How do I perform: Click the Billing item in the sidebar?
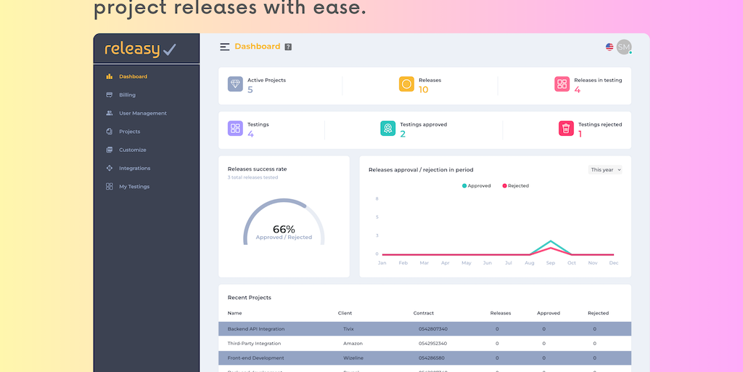point(127,95)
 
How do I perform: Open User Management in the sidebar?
point(142,113)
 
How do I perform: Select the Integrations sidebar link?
point(134,169)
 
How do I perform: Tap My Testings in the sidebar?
point(134,187)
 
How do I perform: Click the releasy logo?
point(141,49)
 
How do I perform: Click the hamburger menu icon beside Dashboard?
point(225,47)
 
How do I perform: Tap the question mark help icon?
point(288,47)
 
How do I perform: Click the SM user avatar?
point(623,47)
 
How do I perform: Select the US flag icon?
point(609,47)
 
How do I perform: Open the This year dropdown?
point(606,170)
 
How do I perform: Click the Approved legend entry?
point(476,186)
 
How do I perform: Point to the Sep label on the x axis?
point(551,263)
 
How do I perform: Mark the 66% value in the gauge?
point(284,230)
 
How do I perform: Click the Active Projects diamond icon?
point(235,84)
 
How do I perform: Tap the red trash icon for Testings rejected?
point(566,129)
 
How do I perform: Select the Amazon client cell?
point(353,344)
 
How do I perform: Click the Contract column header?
point(424,313)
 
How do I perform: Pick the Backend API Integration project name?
point(256,329)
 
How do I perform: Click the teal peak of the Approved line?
point(551,240)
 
